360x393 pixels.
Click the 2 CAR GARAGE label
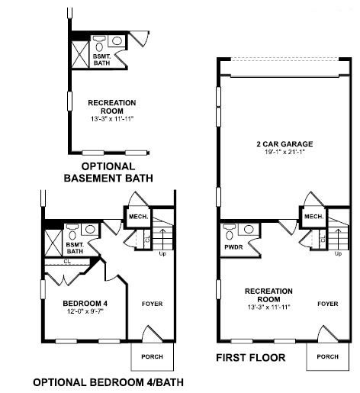pos(284,144)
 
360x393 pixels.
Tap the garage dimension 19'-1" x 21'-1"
pos(284,152)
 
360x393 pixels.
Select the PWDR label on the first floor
pos(233,247)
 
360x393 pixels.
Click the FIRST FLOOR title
pos(251,358)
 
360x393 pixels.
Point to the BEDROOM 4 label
pos(85,303)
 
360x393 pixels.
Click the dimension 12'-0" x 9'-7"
pos(85,311)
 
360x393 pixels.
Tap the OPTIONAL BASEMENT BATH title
pos(108,172)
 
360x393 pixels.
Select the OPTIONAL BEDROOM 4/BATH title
pos(108,382)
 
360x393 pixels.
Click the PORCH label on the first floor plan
pos(328,356)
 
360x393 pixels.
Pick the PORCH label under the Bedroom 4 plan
pos(152,356)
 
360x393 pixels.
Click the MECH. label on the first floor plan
pos(314,217)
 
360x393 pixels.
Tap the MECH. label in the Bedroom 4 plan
pos(139,217)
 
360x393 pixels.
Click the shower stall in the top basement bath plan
pos(80,55)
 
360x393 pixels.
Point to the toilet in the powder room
pos(230,232)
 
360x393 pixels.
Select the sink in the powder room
pos(249,229)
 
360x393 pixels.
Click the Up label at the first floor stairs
pos(338,253)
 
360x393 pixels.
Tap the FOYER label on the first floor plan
pos(328,304)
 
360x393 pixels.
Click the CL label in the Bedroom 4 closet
pos(67,261)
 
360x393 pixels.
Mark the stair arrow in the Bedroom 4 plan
pos(162,239)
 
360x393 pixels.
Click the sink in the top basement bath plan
pos(117,40)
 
